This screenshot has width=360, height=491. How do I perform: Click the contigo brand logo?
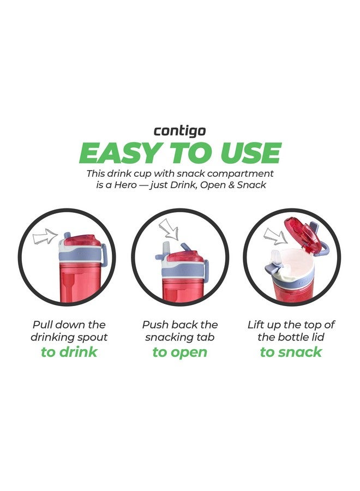pyautogui.click(x=179, y=131)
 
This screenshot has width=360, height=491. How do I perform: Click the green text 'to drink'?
pyautogui.click(x=69, y=352)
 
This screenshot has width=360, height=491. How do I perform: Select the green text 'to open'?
pyautogui.click(x=179, y=352)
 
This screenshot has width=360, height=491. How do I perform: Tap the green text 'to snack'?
pyautogui.click(x=291, y=352)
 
